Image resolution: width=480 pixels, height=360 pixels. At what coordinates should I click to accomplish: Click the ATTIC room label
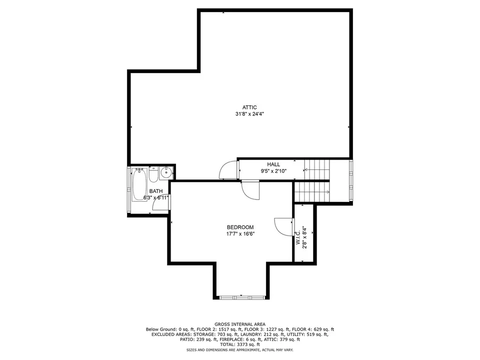pos(249,107)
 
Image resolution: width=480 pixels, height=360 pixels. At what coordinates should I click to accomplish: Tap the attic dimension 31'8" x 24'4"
pos(249,114)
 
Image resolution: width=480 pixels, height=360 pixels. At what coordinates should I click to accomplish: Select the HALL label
pos(273,164)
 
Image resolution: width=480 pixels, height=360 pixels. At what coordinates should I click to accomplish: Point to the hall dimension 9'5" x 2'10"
pos(273,171)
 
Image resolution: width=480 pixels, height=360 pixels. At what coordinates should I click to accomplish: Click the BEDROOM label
pos(240,227)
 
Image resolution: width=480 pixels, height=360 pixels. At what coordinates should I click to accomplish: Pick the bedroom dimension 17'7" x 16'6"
pos(240,234)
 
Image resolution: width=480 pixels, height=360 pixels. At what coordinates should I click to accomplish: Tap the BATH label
pos(156,191)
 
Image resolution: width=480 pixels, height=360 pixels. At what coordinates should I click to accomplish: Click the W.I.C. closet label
pos(298,237)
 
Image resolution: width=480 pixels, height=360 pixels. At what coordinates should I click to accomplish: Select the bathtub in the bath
pos(139,184)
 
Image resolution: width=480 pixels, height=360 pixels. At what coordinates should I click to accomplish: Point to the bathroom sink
pos(166,172)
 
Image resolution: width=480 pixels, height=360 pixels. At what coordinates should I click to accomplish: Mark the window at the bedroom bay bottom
pos(242,297)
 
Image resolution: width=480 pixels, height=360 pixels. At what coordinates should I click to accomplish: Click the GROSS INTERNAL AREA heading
pos(240,324)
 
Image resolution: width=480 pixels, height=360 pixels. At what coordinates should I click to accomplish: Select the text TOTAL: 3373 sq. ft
pos(240,344)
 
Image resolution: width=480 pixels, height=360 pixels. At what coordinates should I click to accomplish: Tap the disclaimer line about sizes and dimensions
pos(240,349)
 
